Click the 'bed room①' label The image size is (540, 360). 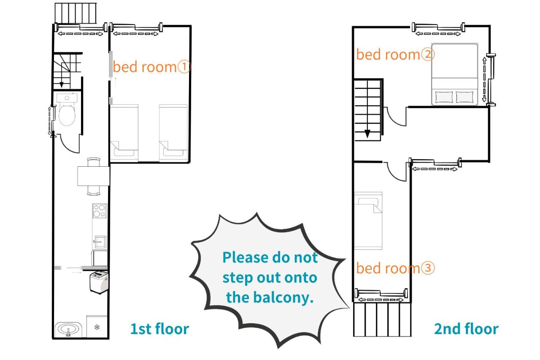click(x=152, y=67)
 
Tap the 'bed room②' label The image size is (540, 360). click(x=395, y=54)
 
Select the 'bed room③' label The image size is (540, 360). click(x=395, y=268)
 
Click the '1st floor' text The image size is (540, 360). click(x=159, y=329)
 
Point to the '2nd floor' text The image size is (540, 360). click(x=466, y=329)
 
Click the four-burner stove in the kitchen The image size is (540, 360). click(x=100, y=211)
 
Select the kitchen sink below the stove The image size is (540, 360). click(x=100, y=241)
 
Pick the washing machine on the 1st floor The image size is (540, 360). click(x=99, y=282)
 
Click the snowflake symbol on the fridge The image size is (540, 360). click(x=97, y=327)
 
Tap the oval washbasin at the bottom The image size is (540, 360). click(x=68, y=329)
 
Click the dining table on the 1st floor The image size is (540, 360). click(x=94, y=176)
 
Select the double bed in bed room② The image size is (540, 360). click(x=455, y=75)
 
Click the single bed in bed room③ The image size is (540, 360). click(x=368, y=221)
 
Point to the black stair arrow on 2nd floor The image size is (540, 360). click(x=367, y=134)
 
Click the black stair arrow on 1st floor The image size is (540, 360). click(x=62, y=85)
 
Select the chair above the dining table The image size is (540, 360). click(x=94, y=162)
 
